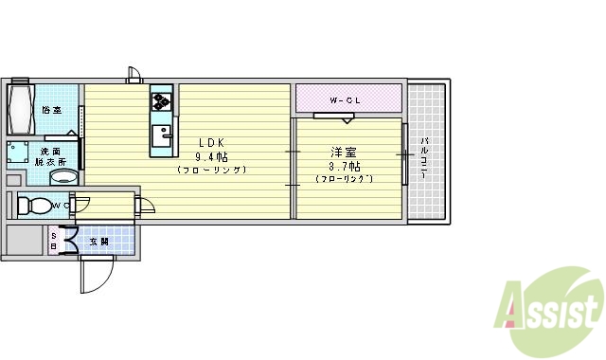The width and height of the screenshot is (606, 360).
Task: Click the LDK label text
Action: click(x=211, y=142)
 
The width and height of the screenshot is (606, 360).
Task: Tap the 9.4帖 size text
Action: click(x=211, y=156)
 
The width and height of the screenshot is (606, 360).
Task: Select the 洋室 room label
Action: click(x=344, y=152)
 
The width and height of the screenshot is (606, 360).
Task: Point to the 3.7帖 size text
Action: click(x=344, y=166)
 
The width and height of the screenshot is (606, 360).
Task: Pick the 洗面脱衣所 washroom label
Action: click(x=50, y=156)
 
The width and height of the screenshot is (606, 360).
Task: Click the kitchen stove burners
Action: click(x=161, y=99)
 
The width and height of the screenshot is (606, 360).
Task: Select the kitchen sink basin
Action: click(x=162, y=134)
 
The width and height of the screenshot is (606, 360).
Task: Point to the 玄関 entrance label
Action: click(x=98, y=243)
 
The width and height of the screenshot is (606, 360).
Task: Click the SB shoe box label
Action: click(x=54, y=242)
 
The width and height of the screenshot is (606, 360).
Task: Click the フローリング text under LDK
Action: click(x=211, y=171)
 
